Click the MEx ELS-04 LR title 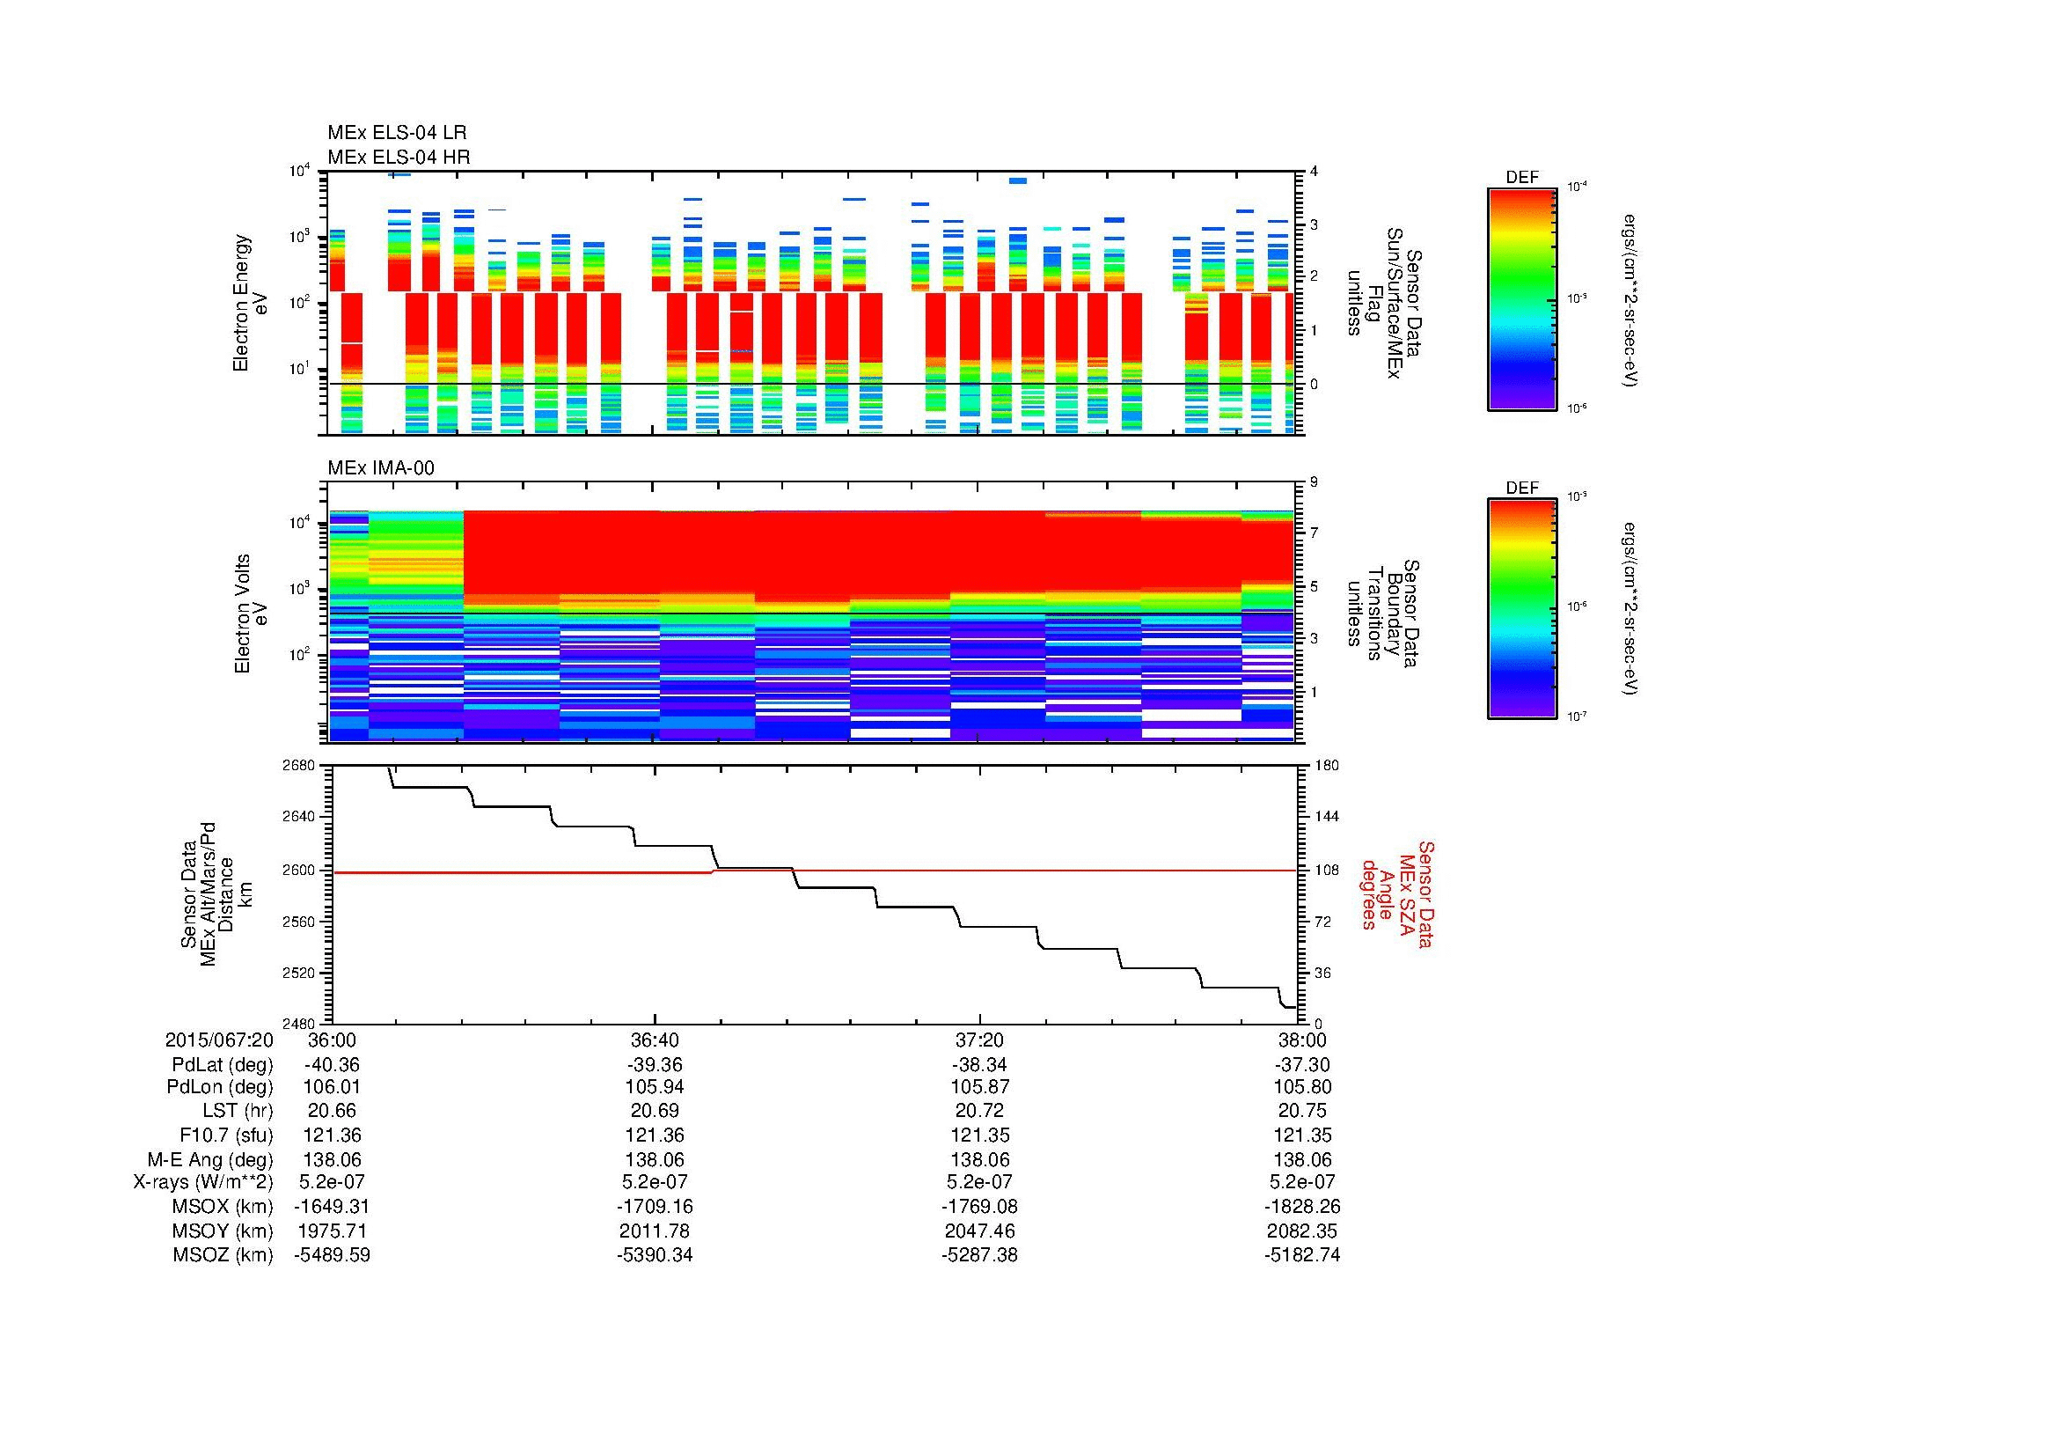pos(397,133)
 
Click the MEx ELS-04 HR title pos(399,157)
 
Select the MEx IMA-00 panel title pos(381,468)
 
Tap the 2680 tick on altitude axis pos(299,765)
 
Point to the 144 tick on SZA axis pos(1326,817)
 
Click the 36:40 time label pos(655,1040)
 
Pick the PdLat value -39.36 pos(655,1065)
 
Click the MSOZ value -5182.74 pos(1302,1255)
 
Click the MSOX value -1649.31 pos(333,1207)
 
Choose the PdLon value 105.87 pos(979,1086)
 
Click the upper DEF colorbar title pos(1522,178)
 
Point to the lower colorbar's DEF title pos(1522,488)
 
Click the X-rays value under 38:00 pos(1302,1182)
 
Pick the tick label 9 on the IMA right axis pos(1314,482)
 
